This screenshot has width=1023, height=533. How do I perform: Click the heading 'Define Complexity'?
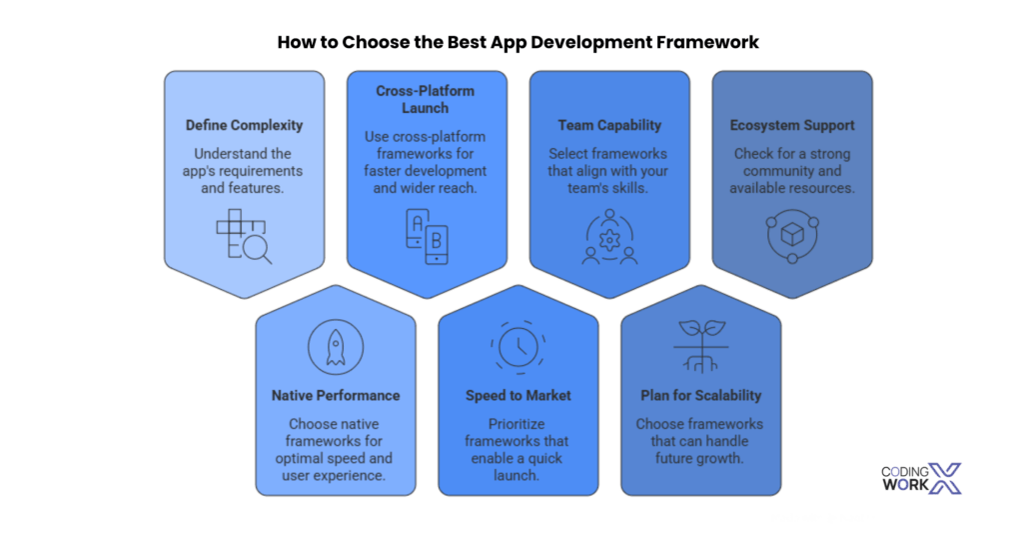(x=244, y=126)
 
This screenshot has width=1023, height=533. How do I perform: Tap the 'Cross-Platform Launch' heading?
(x=426, y=99)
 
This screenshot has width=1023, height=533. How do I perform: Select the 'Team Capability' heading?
(x=608, y=126)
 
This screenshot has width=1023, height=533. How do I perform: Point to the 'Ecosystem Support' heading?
(x=791, y=126)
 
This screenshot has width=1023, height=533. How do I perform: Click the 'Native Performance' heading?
(x=336, y=396)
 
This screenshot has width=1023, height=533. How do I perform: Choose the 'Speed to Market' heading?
(x=517, y=396)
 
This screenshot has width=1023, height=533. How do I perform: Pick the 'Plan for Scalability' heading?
(x=700, y=396)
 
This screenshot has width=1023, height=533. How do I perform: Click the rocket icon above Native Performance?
(x=336, y=345)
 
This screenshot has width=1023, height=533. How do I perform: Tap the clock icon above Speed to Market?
(x=517, y=346)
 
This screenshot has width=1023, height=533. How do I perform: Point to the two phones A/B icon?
(x=427, y=237)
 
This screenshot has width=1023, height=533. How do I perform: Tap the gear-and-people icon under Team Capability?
(x=608, y=239)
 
